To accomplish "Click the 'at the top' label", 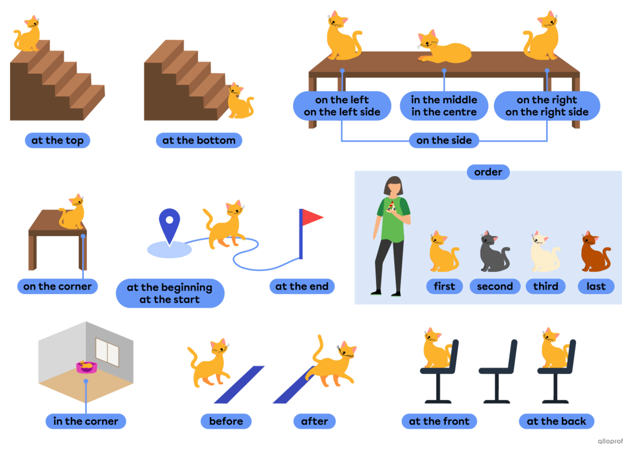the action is point(57,140).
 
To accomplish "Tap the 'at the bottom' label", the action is point(199,140).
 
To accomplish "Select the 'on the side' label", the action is point(444,140).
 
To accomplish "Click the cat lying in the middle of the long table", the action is point(444,47).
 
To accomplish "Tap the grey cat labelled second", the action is point(494,252).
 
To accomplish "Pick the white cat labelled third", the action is point(545,252).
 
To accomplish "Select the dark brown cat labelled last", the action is point(596,252).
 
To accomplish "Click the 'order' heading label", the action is point(488,172).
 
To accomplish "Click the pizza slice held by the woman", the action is point(391,206).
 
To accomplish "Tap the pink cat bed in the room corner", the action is point(87,367).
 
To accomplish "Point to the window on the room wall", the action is point(107,352).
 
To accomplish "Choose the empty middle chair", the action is point(498,372).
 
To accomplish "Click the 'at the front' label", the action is point(439,421).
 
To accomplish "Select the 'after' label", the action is point(314,421).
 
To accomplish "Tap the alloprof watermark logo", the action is point(610,441).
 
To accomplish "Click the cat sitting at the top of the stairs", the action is point(27,34).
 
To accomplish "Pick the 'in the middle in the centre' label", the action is point(444,106).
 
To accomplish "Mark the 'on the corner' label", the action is point(57,286).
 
